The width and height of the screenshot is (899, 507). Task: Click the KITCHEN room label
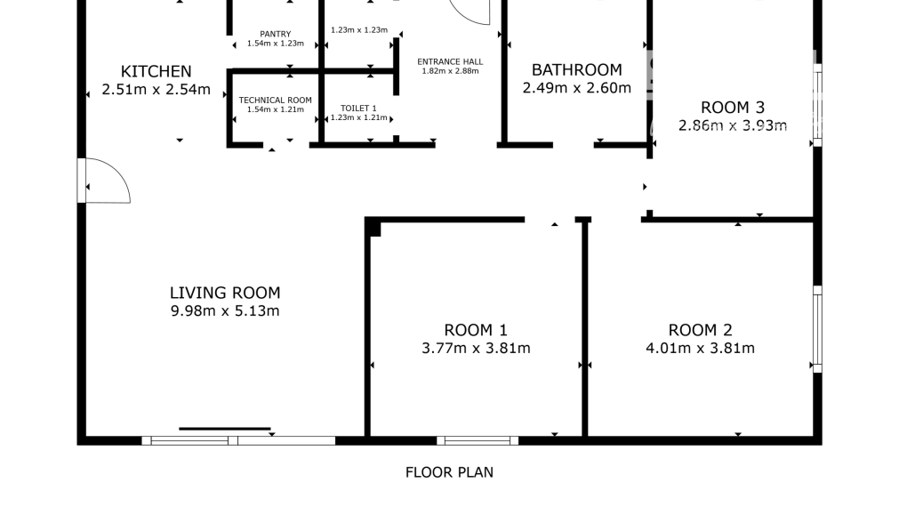pyautogui.click(x=157, y=71)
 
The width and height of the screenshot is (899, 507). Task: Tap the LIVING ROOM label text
pyautogui.click(x=225, y=293)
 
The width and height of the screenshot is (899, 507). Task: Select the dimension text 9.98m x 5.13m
pyautogui.click(x=225, y=311)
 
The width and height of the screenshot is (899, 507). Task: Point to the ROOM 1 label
pyautogui.click(x=476, y=329)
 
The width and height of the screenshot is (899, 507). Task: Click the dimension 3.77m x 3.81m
pyautogui.click(x=476, y=348)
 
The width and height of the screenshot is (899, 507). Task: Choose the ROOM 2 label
pyautogui.click(x=700, y=329)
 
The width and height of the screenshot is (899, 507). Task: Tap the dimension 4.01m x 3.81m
pyautogui.click(x=700, y=348)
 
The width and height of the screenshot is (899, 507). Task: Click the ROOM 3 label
pyautogui.click(x=733, y=107)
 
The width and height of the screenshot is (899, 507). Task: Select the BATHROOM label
pyautogui.click(x=576, y=69)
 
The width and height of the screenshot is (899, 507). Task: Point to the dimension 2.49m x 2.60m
pyautogui.click(x=576, y=88)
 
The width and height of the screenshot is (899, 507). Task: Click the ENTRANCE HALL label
pyautogui.click(x=450, y=61)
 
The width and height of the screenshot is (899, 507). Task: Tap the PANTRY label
pyautogui.click(x=276, y=34)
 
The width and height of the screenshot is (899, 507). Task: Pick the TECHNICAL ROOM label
pyautogui.click(x=276, y=101)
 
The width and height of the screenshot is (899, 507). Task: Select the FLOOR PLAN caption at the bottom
pyautogui.click(x=449, y=472)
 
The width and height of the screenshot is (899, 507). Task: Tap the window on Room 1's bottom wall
pyautogui.click(x=478, y=439)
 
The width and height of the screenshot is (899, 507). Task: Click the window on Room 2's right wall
pyautogui.click(x=816, y=329)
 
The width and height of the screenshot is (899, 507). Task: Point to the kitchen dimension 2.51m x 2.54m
pyautogui.click(x=157, y=89)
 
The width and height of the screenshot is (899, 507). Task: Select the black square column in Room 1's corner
pyautogui.click(x=374, y=229)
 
